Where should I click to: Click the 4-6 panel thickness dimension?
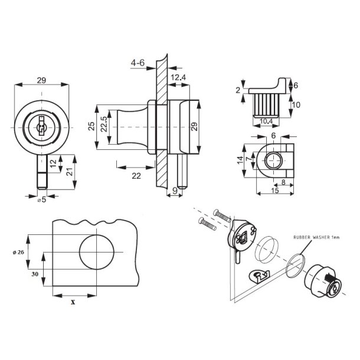point(138,62)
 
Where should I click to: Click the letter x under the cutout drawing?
point(73,302)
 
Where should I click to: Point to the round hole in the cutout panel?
point(95,253)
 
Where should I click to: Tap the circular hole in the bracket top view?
point(273,159)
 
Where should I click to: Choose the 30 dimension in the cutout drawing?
point(34,274)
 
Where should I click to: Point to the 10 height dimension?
point(296,105)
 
